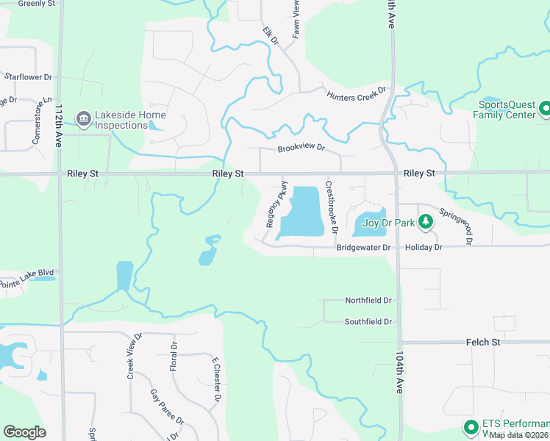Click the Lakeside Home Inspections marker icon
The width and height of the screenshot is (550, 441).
pos(84,118)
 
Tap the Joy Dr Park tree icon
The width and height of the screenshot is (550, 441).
pos(425,221)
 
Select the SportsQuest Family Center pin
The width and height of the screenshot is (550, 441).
pos(545,110)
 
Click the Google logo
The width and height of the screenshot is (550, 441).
pos(24,432)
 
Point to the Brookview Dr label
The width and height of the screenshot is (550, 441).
pos(301,148)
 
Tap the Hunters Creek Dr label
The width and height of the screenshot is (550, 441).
pos(357,94)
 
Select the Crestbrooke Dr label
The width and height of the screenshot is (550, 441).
pos(332,207)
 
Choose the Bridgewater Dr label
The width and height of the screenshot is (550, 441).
pos(363,248)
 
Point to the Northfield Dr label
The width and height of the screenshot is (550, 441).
pos(368,301)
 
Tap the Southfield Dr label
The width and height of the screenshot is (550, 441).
pos(368,322)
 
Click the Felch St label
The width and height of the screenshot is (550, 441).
pos(483,343)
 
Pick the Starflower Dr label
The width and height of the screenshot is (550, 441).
pos(29,76)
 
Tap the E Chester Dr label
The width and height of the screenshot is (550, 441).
pos(216,381)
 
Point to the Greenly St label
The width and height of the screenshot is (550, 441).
pos(37,4)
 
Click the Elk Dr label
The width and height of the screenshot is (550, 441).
pos(271,37)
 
